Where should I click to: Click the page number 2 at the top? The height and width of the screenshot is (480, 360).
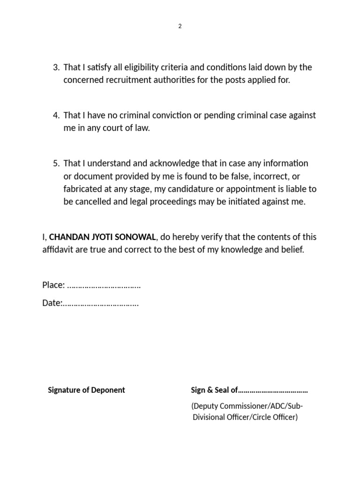(x=180, y=26)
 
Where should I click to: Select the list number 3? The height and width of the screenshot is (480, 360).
(x=56, y=67)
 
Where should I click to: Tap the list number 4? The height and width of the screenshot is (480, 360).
(x=56, y=115)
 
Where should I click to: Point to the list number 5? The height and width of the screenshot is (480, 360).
(x=56, y=164)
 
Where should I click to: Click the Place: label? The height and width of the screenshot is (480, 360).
(x=53, y=285)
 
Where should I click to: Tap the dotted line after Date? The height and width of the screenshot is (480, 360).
(x=100, y=303)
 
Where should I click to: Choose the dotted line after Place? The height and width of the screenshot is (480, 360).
(x=104, y=285)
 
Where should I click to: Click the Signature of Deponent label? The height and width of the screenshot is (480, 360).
(x=86, y=390)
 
